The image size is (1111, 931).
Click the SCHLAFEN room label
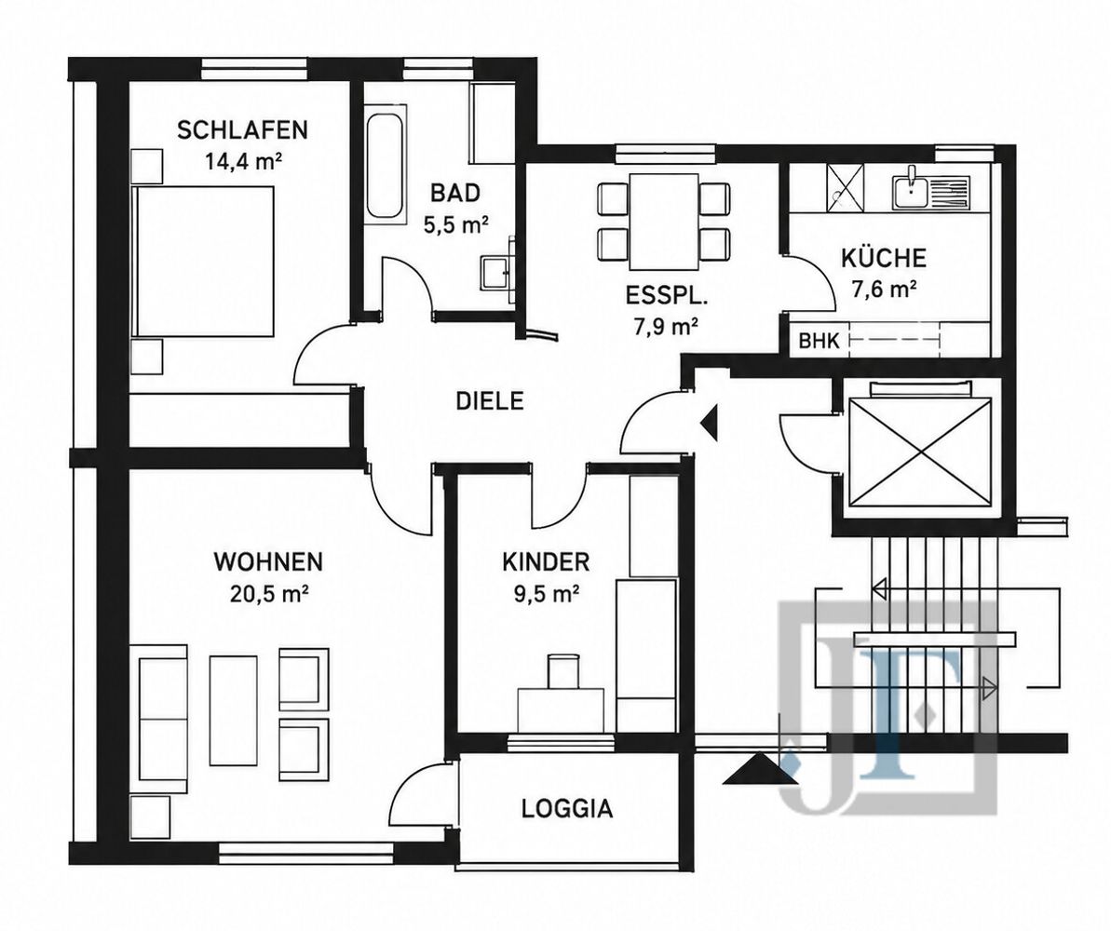[x=242, y=130]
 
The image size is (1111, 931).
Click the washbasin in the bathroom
[x=496, y=270]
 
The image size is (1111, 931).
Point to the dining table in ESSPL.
[x=664, y=221]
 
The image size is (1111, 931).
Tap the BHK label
[x=820, y=342]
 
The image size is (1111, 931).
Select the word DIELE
[x=489, y=401]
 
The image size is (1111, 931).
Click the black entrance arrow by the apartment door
[x=710, y=424]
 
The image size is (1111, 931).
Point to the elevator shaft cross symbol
[x=920, y=452]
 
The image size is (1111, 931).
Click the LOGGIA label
[x=567, y=808]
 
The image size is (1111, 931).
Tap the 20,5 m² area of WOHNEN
[x=268, y=593]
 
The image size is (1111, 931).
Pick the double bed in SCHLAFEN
[x=203, y=261]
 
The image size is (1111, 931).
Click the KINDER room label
[x=546, y=562]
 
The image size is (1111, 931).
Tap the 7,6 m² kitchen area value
[x=884, y=290]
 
